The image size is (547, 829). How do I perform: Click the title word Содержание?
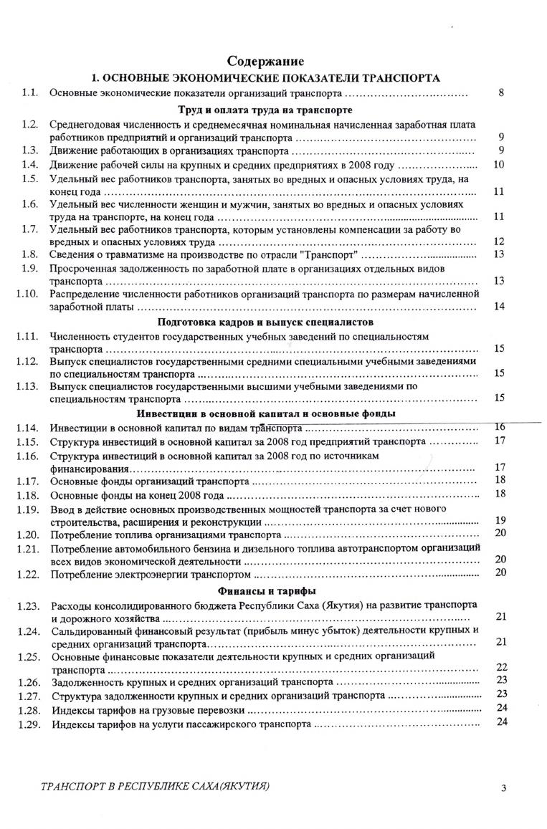pos(265,62)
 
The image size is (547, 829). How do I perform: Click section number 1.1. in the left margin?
pos(29,92)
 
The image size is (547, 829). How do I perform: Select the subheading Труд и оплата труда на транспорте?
pos(265,110)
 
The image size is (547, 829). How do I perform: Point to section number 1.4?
pos(29,165)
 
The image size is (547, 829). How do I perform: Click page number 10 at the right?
pos(500,165)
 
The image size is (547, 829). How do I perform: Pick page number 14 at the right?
pos(500,307)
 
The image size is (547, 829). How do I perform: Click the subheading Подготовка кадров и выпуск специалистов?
pos(265,322)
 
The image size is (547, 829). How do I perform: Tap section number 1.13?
pos(27,386)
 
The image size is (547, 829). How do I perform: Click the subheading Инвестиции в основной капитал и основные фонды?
pos(265,413)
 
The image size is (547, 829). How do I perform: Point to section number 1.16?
pos(27,456)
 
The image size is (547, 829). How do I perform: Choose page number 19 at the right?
pos(500,520)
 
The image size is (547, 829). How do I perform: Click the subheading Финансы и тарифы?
pos(265,590)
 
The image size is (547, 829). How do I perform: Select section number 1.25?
pos(27,656)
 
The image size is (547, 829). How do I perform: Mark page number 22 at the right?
pos(501,668)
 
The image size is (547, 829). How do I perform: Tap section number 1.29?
pos(27,724)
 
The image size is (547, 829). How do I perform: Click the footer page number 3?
pos(504,789)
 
